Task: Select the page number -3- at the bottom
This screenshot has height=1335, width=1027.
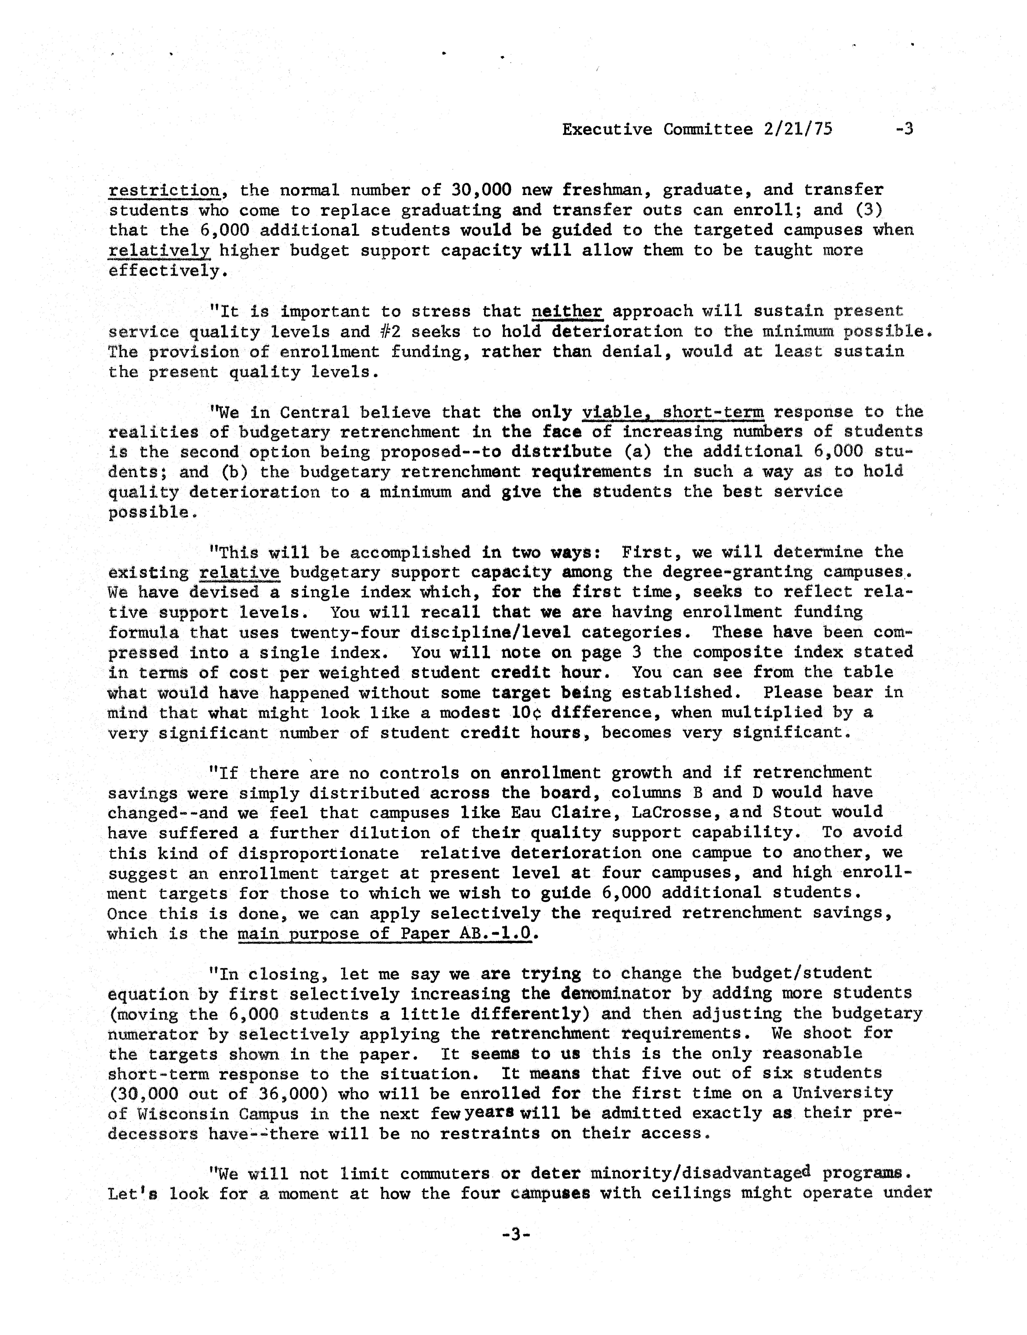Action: point(515,1234)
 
